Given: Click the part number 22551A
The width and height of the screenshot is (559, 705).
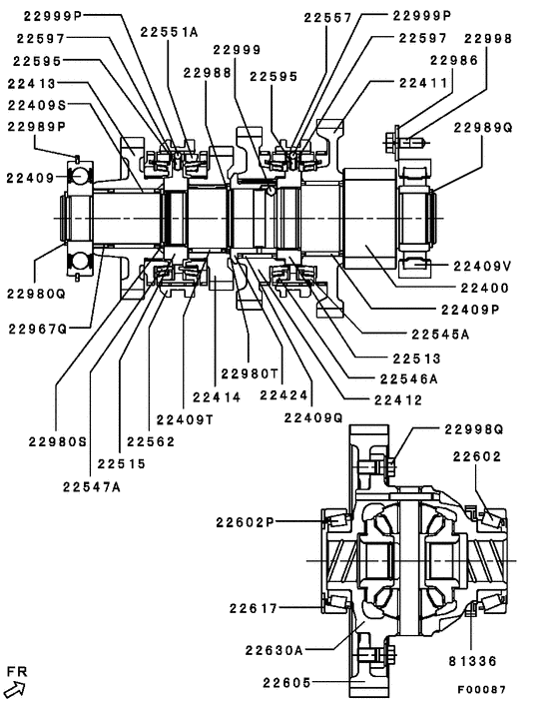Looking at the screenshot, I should click(x=169, y=32).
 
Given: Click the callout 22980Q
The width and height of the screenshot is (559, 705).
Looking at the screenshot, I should click(x=35, y=294).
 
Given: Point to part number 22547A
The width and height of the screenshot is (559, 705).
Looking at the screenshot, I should click(x=91, y=486).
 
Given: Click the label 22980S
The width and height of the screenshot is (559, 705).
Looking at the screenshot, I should click(x=56, y=441).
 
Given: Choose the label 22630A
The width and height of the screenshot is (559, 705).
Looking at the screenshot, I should click(x=275, y=649).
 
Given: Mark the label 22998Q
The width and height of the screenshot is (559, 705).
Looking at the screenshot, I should click(x=474, y=429).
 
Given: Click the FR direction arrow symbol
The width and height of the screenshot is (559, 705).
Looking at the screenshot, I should click(x=15, y=686).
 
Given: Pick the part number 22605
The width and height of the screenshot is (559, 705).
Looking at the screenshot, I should click(x=286, y=683).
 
